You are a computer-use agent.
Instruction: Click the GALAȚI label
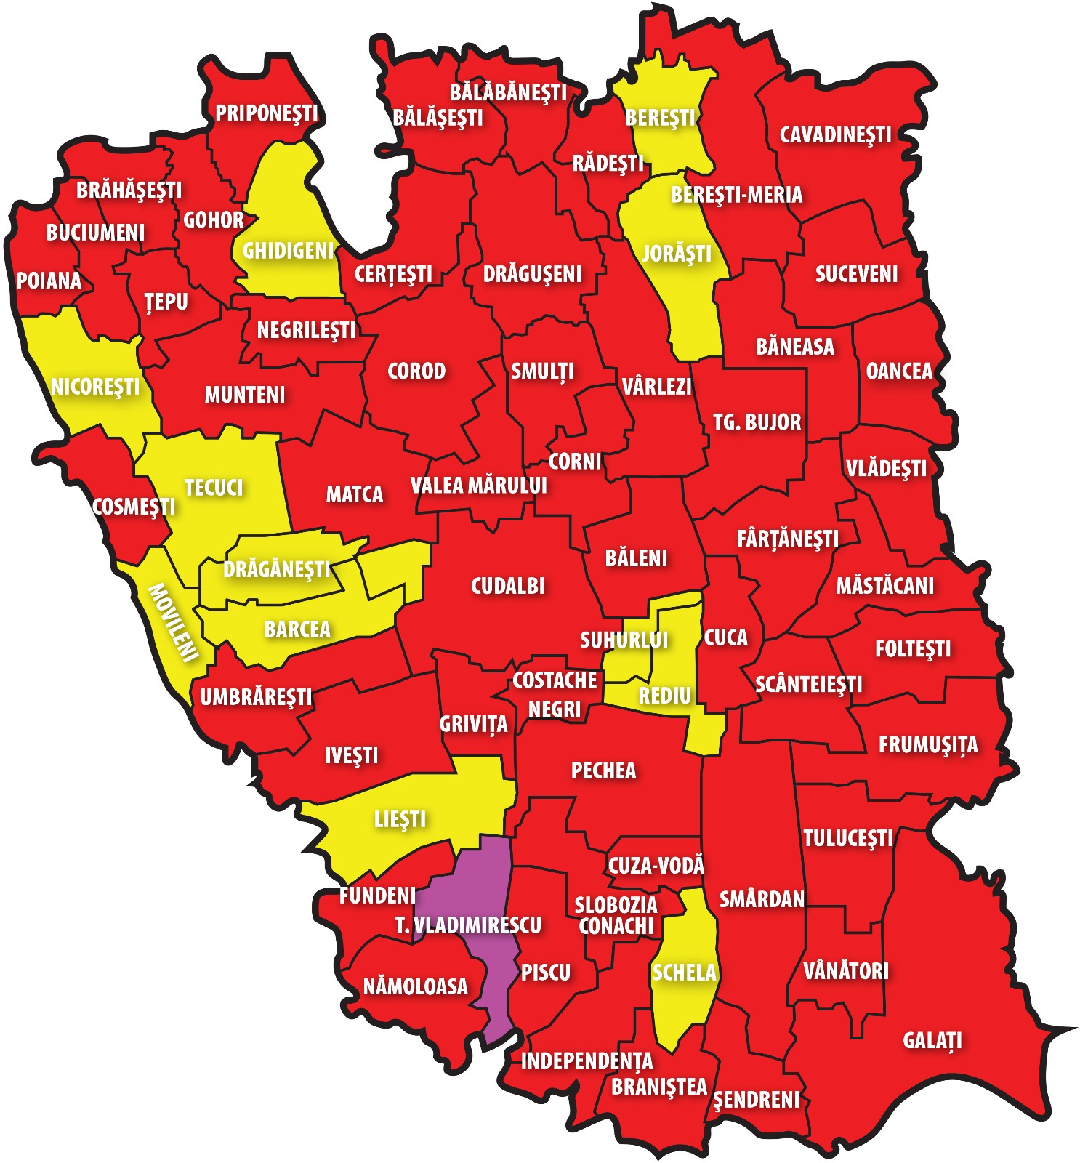tap(932, 1040)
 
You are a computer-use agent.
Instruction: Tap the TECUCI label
tap(213, 488)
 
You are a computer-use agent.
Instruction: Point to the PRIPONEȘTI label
tap(267, 113)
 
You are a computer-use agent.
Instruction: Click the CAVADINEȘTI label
tap(835, 135)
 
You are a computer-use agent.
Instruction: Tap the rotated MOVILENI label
tap(173, 623)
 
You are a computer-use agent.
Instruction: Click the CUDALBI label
tap(507, 586)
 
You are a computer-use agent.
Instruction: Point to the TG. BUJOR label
tap(757, 422)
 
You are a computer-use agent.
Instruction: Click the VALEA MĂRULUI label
tap(478, 486)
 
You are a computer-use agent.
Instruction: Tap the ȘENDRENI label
tap(756, 1100)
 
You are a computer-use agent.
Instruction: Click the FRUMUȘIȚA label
tap(928, 745)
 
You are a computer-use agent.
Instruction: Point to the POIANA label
tap(49, 281)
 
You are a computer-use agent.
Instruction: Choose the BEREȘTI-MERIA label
tap(736, 195)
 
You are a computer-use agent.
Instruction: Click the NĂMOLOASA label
tap(415, 986)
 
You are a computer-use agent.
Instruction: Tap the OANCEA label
tap(898, 371)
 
